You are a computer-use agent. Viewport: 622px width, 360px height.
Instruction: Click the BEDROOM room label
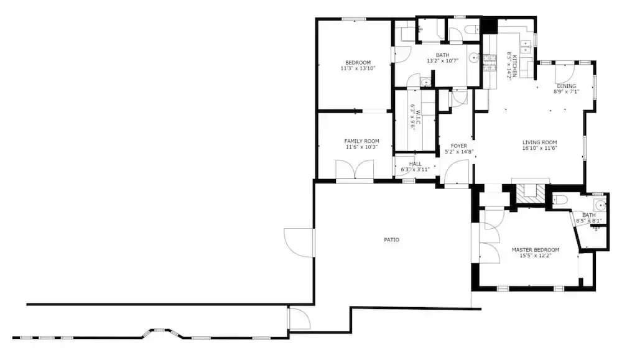click(x=358, y=63)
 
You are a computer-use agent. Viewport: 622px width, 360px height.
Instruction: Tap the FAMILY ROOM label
click(x=361, y=141)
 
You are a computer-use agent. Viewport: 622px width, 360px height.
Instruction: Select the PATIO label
click(x=391, y=240)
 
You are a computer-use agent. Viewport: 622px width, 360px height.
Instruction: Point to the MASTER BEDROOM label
click(x=536, y=250)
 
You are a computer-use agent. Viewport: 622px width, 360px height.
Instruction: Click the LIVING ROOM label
click(x=539, y=143)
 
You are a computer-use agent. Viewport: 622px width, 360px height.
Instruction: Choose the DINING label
click(x=567, y=86)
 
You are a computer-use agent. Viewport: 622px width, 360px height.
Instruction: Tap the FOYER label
click(x=459, y=146)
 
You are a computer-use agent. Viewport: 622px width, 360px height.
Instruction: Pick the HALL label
click(x=415, y=164)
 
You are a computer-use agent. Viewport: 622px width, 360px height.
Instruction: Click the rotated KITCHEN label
click(x=514, y=66)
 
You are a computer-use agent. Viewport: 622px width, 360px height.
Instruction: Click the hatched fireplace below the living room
click(x=531, y=194)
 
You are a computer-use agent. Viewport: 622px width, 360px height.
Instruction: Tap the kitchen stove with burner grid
click(x=490, y=63)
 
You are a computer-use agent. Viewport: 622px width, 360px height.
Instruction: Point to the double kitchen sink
click(x=526, y=46)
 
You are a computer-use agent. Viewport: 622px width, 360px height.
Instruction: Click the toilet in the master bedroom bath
click(x=560, y=200)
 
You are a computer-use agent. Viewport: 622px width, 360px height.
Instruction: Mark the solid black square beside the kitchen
click(x=490, y=26)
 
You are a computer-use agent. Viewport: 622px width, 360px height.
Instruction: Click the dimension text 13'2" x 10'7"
click(x=443, y=61)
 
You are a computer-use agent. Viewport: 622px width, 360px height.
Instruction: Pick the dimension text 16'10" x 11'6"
click(x=539, y=148)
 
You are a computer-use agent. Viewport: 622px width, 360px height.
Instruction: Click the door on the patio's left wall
click(x=299, y=242)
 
